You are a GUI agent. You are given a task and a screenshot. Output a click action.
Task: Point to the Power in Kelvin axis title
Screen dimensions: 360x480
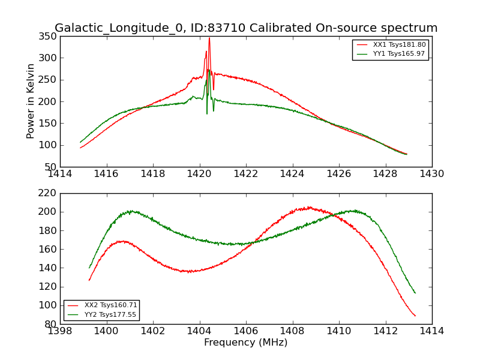[31, 101]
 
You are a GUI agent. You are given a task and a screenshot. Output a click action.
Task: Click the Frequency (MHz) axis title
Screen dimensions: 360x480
[245, 343]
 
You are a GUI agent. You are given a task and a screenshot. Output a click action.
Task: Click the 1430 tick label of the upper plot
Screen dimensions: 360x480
[431, 174]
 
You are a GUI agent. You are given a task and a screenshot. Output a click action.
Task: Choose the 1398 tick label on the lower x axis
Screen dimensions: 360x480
[60, 331]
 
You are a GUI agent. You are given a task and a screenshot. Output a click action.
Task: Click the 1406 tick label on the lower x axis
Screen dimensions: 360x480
[245, 331]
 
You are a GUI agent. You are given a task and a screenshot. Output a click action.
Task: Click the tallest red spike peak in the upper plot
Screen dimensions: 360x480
[209, 38]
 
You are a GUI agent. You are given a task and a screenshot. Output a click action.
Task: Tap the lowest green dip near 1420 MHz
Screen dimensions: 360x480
[207, 114]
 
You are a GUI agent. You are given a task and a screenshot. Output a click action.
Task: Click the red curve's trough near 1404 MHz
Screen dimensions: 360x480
[189, 272]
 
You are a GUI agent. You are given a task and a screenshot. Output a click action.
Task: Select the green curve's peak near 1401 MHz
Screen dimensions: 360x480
[130, 211]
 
